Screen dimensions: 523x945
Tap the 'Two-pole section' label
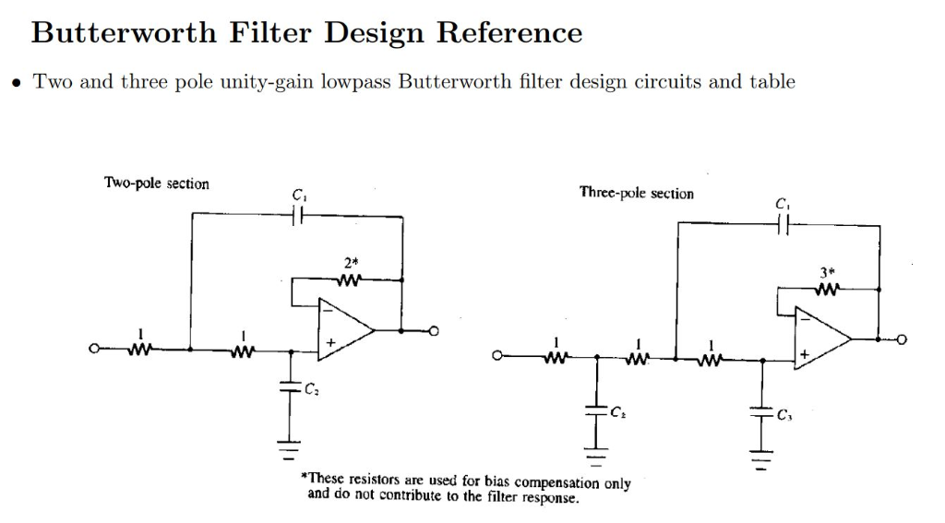click(156, 184)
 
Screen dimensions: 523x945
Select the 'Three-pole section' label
click(636, 193)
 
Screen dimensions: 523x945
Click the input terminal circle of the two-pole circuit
click(92, 350)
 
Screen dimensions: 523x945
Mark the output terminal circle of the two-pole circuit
click(429, 329)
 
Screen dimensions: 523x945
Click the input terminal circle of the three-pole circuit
click(498, 357)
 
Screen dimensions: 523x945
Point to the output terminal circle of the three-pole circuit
click(905, 339)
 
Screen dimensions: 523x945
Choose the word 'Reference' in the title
click(508, 33)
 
